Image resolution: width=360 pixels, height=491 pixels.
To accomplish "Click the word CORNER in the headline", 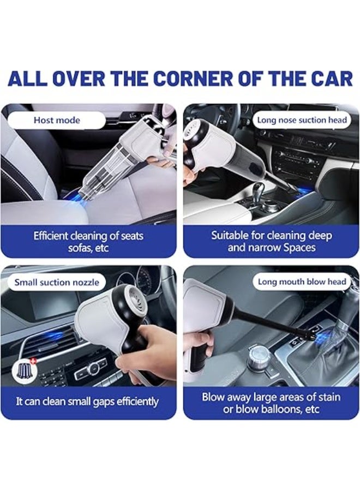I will [196, 78].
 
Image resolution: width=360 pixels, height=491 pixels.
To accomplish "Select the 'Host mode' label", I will [57, 120].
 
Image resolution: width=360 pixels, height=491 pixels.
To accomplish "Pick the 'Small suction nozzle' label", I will [57, 282].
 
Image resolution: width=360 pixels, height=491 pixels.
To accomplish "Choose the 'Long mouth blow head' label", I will [302, 282].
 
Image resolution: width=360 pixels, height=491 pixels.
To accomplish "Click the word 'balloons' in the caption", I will [269, 409].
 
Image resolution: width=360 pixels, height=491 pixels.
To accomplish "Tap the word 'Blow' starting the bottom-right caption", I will [214, 397].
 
